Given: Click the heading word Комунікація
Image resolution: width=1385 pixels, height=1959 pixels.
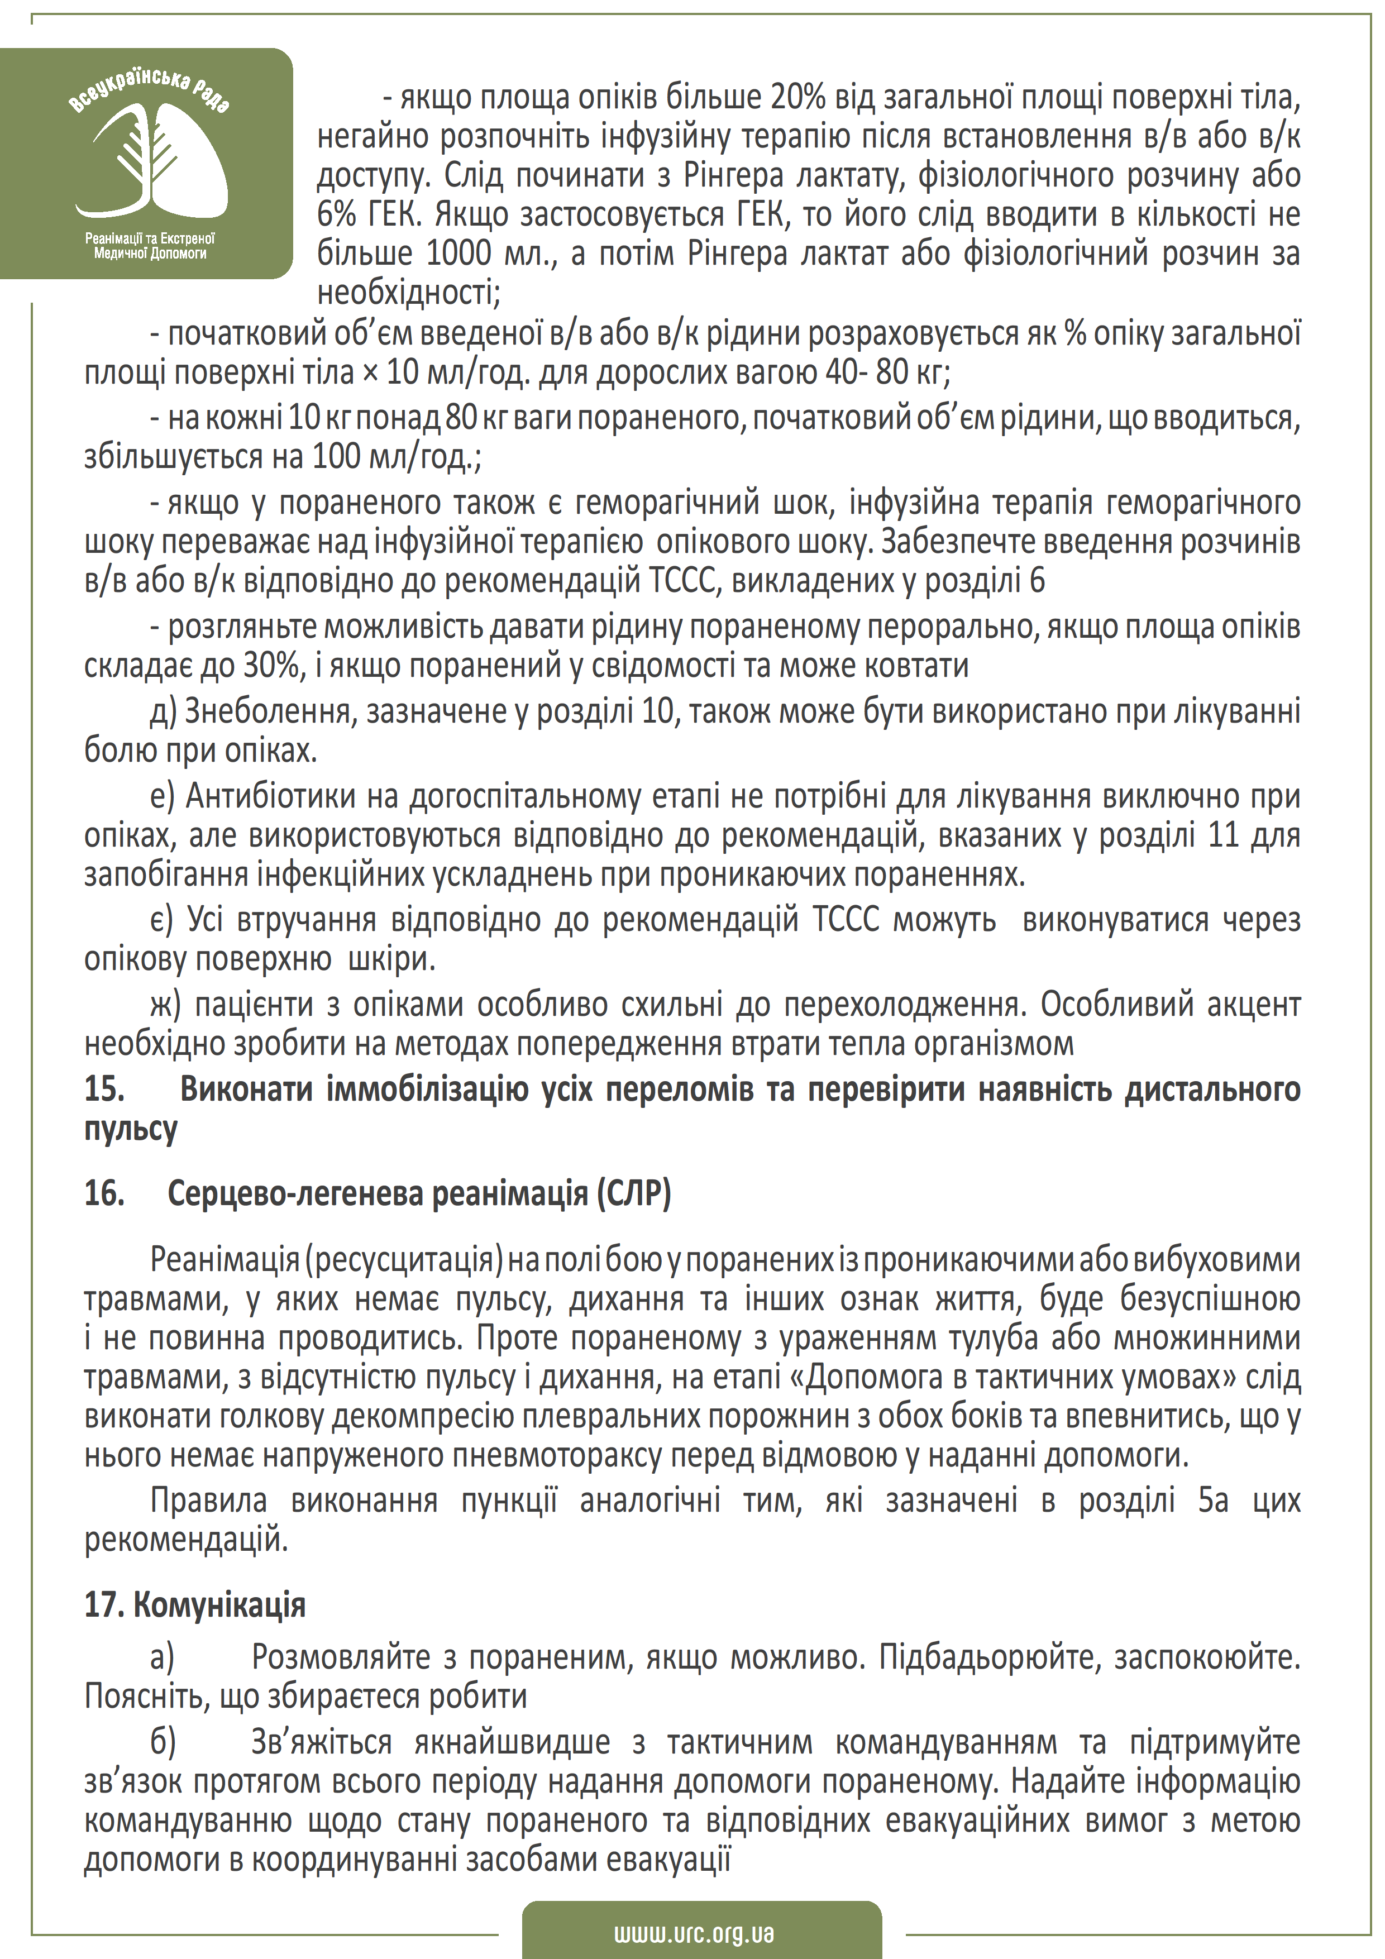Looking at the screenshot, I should (220, 1605).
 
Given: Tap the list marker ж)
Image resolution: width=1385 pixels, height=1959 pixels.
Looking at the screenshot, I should (165, 1004).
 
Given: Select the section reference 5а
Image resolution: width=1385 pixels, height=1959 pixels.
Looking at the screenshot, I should (1212, 1500).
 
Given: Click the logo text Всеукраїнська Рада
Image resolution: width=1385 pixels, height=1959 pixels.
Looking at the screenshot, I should (149, 89).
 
